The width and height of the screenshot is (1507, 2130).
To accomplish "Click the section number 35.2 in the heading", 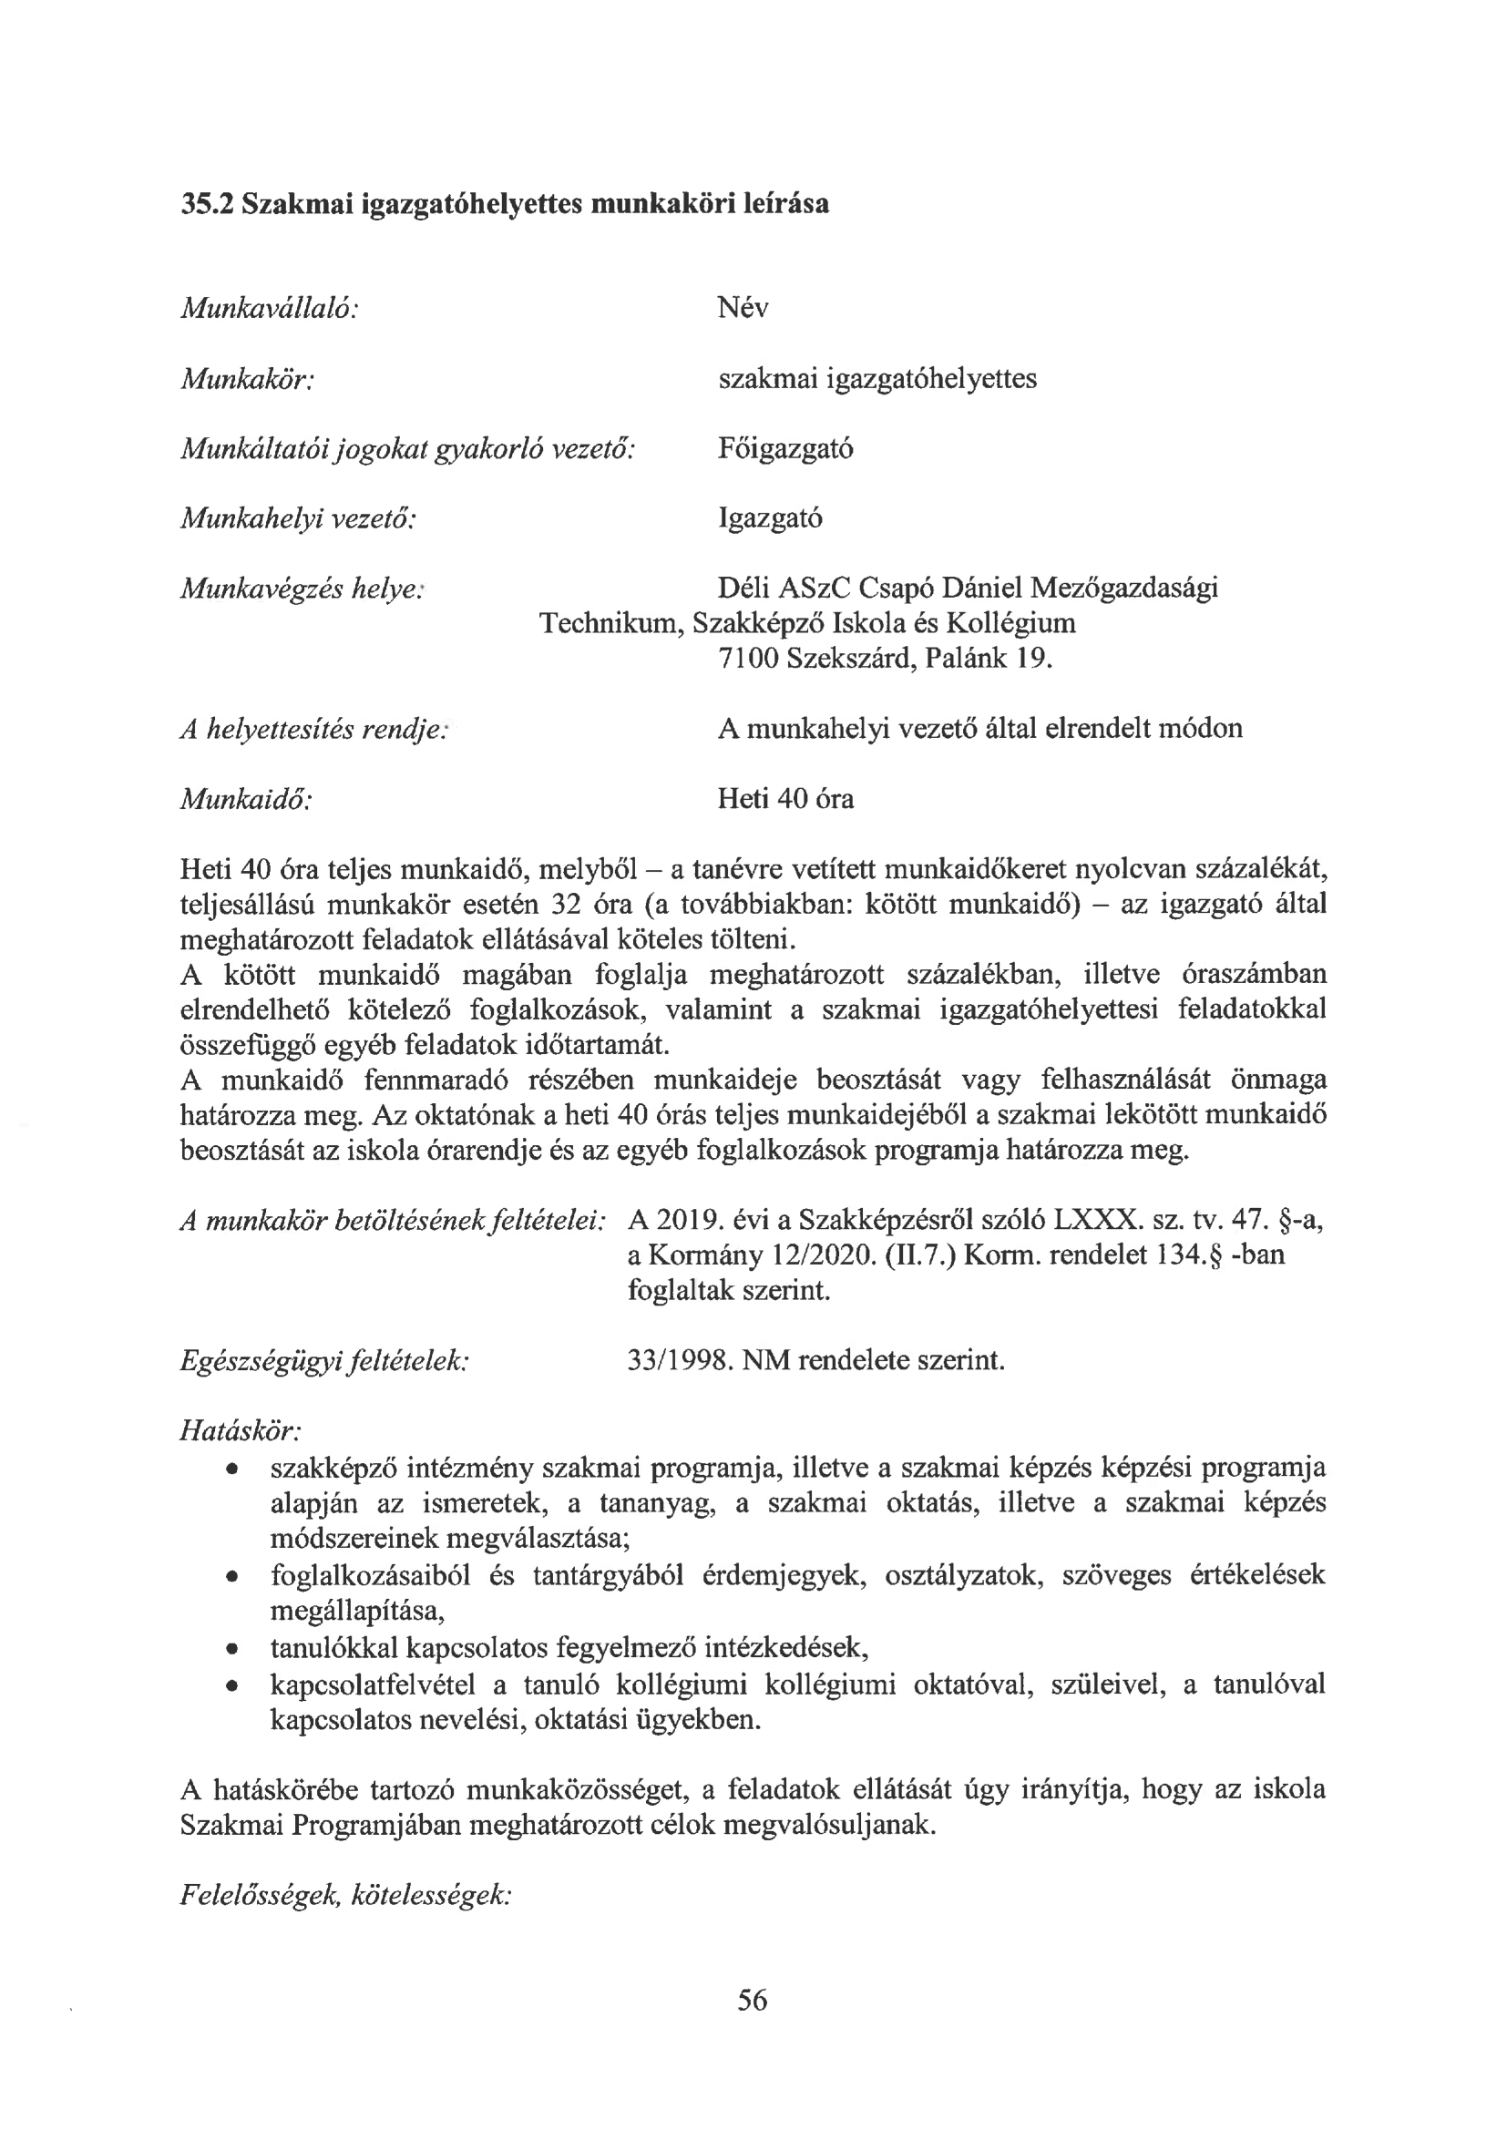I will (x=206, y=204).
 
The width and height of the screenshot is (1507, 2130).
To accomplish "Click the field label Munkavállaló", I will (x=269, y=308).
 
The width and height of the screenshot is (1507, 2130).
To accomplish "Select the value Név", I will (x=743, y=308).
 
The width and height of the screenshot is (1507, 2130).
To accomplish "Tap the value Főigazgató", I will (x=785, y=449).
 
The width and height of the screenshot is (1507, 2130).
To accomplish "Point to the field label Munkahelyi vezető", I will (x=297, y=518).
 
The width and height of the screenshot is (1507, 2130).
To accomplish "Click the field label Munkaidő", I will (x=245, y=799).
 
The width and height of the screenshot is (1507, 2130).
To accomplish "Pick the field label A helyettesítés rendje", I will (x=313, y=729).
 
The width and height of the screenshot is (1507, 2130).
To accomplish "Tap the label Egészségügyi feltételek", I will (x=323, y=1361).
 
